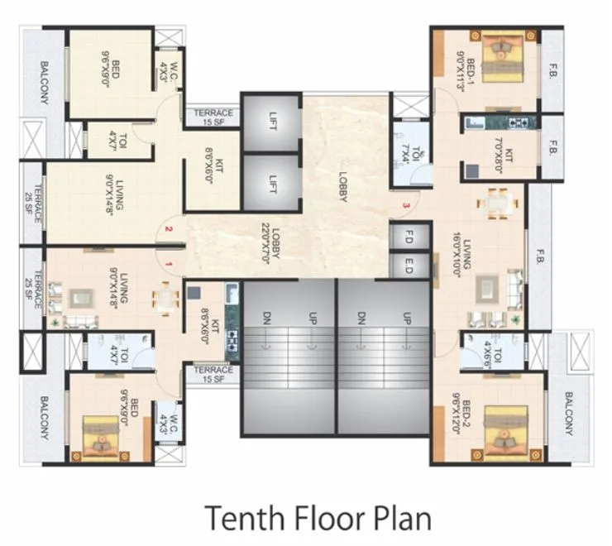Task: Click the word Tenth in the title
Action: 239,518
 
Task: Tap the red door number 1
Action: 168,264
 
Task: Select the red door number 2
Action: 168,229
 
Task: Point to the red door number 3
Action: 405,204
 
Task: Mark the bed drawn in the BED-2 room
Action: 503,430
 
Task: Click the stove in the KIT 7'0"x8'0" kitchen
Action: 521,123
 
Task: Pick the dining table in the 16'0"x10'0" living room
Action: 498,202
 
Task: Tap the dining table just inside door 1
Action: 168,298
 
